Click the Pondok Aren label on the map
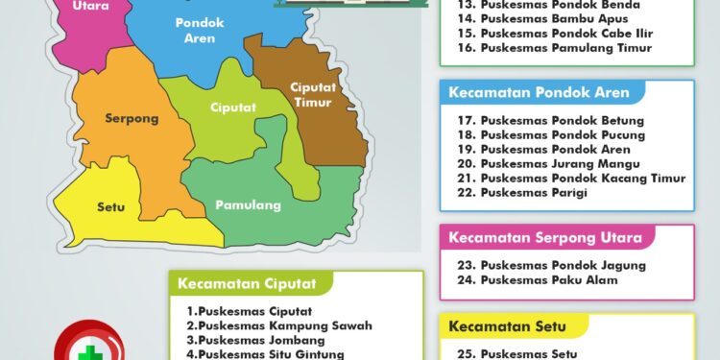(x=200, y=30)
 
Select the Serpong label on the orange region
(x=132, y=119)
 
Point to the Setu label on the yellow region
(x=111, y=206)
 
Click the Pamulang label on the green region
(x=248, y=204)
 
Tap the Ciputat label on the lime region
(x=233, y=108)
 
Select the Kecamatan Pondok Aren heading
(x=539, y=93)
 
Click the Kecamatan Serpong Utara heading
(x=551, y=237)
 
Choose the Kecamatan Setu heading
(x=507, y=326)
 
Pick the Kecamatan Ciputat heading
(x=251, y=283)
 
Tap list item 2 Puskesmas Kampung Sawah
(x=279, y=325)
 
